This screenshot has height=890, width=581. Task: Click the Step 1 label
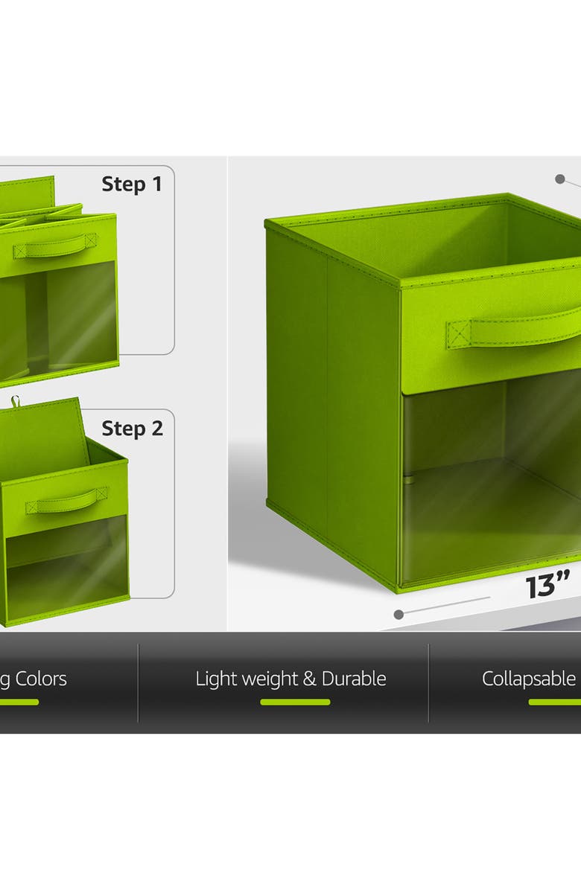point(131,184)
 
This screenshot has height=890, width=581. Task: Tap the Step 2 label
point(132,429)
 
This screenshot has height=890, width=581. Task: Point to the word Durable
point(354,679)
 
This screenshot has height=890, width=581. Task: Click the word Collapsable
point(529,679)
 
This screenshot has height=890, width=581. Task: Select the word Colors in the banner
point(41,679)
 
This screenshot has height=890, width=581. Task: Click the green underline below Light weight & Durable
point(295,702)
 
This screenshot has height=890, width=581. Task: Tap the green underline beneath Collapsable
point(554,702)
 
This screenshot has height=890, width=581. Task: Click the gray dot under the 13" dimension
point(399,615)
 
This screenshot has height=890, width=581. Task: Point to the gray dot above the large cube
point(559,179)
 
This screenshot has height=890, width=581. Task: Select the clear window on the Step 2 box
point(67,569)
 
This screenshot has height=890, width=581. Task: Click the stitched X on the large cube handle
point(461,332)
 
